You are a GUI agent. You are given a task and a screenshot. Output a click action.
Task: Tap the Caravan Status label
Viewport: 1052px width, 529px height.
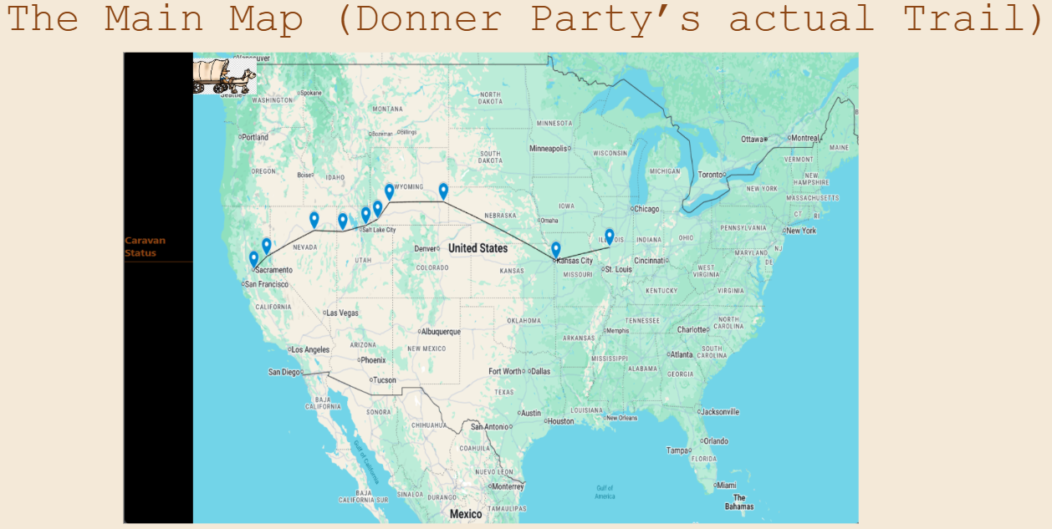tap(146, 247)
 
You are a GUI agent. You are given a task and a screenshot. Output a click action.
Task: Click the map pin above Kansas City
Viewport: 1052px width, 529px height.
tap(555, 249)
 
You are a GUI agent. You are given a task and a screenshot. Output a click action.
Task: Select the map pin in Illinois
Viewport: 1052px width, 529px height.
tap(610, 237)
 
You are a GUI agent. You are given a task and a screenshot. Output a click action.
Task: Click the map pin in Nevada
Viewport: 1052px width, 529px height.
tap(314, 220)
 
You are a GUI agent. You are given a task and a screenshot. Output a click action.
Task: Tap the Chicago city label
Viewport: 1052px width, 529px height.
tap(646, 209)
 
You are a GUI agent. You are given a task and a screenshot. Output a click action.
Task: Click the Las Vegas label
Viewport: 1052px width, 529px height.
tap(342, 313)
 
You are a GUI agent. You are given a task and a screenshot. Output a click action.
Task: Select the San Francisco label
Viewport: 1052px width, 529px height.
tap(267, 284)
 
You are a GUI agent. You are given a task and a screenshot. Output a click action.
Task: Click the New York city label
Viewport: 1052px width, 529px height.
tap(800, 231)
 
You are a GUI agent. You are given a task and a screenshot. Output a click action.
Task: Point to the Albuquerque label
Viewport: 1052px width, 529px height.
tap(440, 332)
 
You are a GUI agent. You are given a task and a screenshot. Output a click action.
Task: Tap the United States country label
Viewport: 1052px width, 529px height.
tap(477, 248)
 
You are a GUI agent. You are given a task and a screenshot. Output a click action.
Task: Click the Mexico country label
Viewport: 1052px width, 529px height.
tap(466, 514)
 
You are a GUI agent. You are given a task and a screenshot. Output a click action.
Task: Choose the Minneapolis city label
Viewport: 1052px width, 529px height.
tap(548, 149)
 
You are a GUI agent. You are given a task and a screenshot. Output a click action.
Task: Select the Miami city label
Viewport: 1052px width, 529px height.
tap(727, 485)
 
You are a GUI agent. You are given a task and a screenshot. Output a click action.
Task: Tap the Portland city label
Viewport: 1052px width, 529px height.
tap(255, 137)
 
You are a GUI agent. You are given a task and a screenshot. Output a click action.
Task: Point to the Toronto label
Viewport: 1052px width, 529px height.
tap(710, 175)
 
